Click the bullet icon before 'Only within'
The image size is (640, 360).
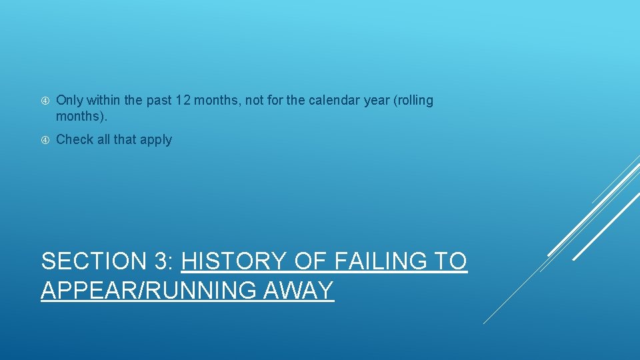45,101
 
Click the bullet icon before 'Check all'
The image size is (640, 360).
45,140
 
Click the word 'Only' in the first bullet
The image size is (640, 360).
69,101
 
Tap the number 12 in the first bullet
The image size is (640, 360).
182,101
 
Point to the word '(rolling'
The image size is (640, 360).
413,101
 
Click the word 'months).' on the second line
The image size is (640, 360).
81,117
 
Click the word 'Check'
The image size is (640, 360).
75,140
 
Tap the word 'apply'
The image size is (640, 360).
155,141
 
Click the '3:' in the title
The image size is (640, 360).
163,261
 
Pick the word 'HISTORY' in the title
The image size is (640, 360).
234,261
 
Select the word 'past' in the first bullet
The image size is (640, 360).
159,101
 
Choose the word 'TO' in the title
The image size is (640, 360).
450,261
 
